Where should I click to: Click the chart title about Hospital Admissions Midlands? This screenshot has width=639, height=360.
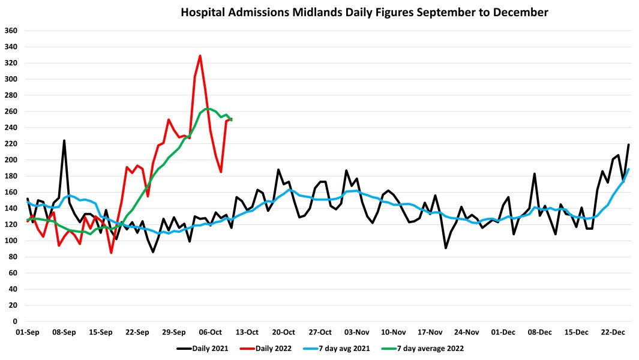(364, 12)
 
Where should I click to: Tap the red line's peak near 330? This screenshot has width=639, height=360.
(200, 56)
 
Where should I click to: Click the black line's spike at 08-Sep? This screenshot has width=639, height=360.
(64, 140)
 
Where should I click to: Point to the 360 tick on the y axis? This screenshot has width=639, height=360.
(11, 31)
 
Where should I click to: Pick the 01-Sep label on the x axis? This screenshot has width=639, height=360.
(27, 332)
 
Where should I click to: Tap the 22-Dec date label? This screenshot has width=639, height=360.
(613, 332)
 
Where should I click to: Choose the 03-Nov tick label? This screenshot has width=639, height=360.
(356, 332)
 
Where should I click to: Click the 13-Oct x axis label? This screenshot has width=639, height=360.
(247, 332)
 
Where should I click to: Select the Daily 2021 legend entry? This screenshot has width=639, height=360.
(202, 347)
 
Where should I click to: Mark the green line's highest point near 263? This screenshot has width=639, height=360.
(207, 109)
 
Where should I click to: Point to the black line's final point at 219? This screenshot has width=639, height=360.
(628, 145)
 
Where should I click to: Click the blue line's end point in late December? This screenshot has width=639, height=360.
(628, 169)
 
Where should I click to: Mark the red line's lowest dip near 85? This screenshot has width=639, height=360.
(112, 253)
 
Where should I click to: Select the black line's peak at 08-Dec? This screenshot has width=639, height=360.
(535, 174)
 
